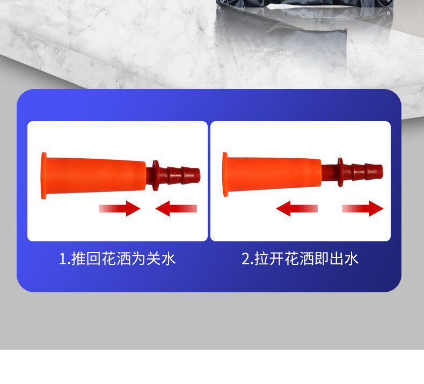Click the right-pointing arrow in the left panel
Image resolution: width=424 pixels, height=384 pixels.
[x=120, y=209]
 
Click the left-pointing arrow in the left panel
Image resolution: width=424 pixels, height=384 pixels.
[x=176, y=209]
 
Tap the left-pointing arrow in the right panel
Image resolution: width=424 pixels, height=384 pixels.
[x=297, y=209]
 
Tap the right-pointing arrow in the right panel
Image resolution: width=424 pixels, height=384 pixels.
[x=363, y=209]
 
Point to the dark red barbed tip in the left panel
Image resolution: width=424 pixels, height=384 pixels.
[x=184, y=175]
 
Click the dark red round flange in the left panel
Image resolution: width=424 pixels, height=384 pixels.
[x=156, y=175]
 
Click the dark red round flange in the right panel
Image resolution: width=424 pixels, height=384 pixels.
[x=340, y=172]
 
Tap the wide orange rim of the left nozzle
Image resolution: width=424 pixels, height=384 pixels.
[x=43, y=176]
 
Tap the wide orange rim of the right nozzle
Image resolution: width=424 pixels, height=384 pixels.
[x=225, y=175]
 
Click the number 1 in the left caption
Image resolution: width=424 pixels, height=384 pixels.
[x=62, y=259]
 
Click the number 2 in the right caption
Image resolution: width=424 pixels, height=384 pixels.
[x=245, y=259]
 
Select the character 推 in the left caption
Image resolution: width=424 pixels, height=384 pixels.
[x=79, y=259]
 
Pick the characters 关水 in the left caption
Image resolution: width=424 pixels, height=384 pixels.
[x=161, y=259]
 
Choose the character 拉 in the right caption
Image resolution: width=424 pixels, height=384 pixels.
[x=261, y=259]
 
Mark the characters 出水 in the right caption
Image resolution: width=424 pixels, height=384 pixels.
[x=344, y=259]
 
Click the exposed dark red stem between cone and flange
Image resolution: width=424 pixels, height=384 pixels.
[x=330, y=172]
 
